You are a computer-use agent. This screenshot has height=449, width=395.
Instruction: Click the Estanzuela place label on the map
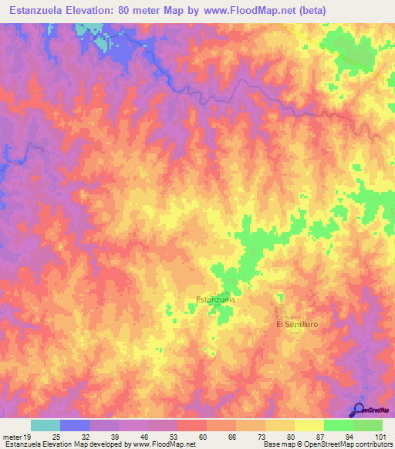click(215, 299)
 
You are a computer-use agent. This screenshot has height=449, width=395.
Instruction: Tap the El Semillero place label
click(297, 325)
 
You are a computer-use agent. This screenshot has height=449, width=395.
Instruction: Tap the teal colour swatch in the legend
click(46, 426)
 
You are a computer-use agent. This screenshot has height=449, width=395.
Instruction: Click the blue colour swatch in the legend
click(75, 426)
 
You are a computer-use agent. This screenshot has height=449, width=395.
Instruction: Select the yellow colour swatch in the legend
click(309, 426)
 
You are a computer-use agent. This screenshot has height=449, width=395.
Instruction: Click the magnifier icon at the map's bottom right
click(359, 410)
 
